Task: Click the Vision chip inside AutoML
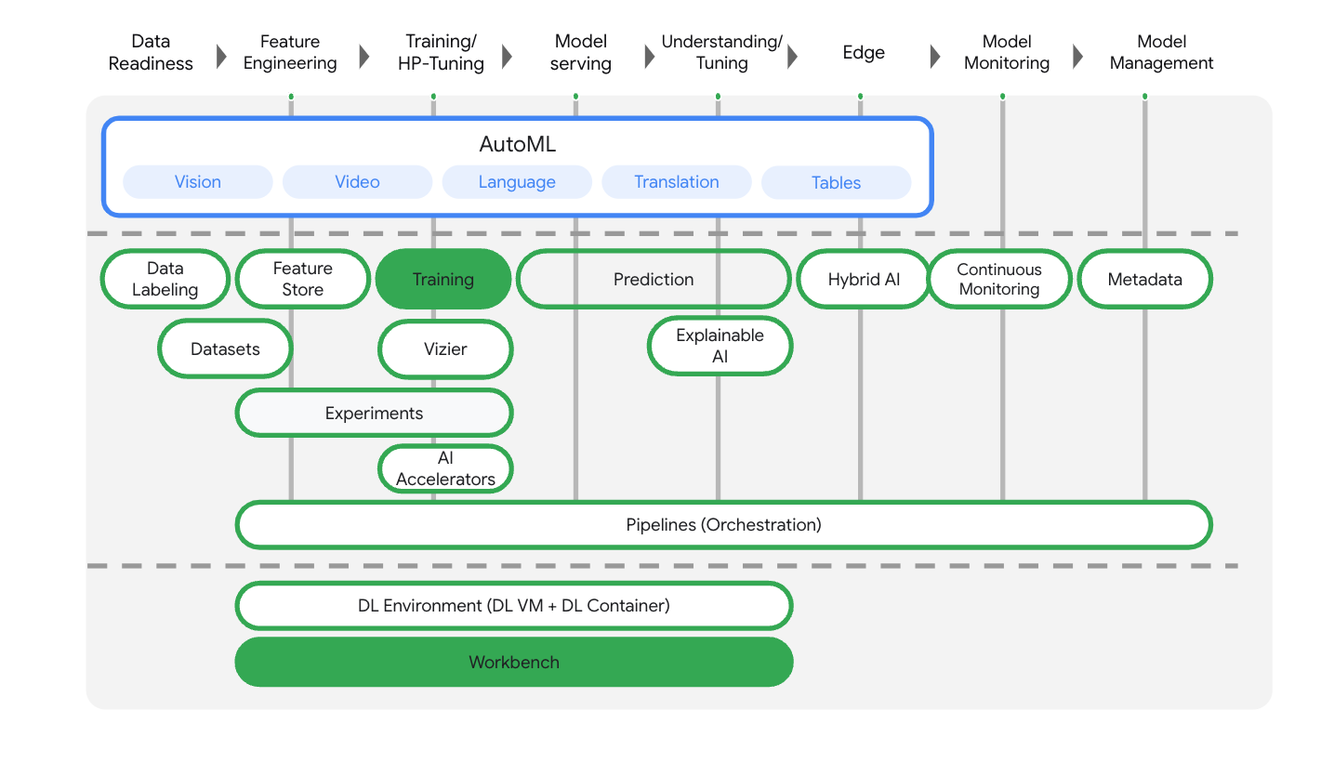(198, 182)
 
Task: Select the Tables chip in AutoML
(836, 183)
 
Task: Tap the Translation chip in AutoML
(676, 182)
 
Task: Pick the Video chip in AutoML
(357, 182)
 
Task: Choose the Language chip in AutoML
(517, 182)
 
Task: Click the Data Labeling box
(165, 279)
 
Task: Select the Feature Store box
(302, 279)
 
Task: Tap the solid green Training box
(443, 279)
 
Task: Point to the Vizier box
(445, 349)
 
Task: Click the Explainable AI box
(720, 346)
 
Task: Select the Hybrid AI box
(864, 279)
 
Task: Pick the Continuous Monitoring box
(999, 279)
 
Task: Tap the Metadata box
(1144, 279)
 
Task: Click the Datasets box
(225, 349)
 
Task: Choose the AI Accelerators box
(445, 468)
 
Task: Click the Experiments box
(374, 414)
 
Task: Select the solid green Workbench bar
(514, 663)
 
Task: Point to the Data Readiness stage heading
(151, 53)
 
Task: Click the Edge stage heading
(864, 53)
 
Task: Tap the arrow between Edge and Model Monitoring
(935, 57)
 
